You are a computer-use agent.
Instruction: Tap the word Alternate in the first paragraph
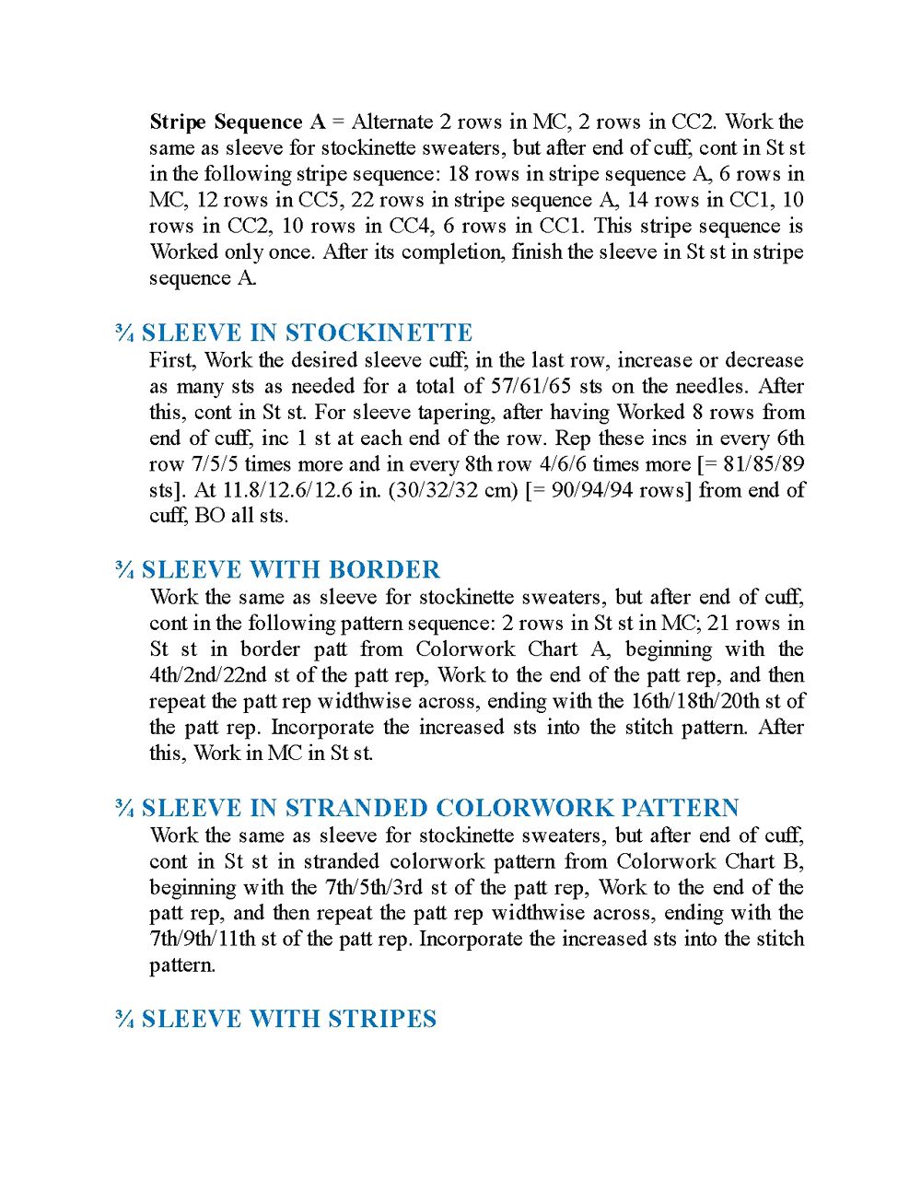tap(392, 123)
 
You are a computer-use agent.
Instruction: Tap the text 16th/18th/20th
tap(699, 701)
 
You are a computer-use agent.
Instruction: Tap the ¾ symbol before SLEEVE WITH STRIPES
tap(124, 1019)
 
